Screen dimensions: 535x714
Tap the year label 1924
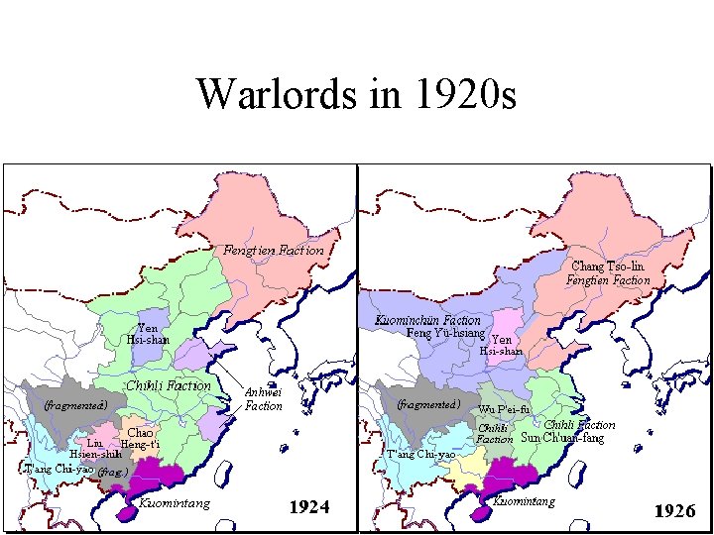click(308, 508)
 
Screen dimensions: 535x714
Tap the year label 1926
click(674, 511)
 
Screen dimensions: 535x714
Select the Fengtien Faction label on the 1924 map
click(274, 250)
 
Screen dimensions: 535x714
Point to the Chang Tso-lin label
click(608, 267)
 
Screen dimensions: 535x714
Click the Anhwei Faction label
click(264, 398)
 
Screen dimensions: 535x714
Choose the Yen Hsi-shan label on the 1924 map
click(148, 334)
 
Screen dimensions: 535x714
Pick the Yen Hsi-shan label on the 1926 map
click(501, 345)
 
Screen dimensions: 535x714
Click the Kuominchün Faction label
click(428, 320)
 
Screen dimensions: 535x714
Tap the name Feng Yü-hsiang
click(445, 333)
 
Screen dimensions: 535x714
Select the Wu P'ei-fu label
click(504, 409)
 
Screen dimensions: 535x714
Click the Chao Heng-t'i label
click(139, 438)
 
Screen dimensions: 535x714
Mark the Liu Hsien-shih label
click(95, 448)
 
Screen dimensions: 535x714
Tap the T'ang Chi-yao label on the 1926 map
click(420, 454)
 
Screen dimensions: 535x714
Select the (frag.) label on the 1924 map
click(113, 473)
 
